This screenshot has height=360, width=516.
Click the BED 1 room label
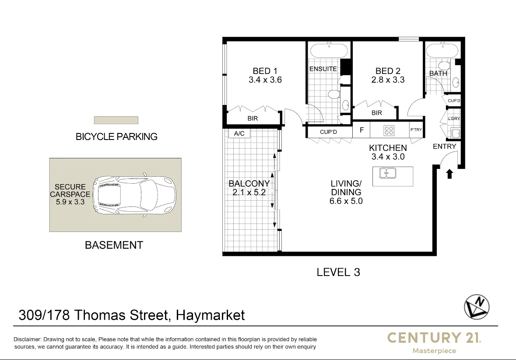tap(265, 71)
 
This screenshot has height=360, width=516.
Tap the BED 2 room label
tap(387, 71)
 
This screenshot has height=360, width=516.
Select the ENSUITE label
tap(323, 69)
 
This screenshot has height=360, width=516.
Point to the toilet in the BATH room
tap(444, 66)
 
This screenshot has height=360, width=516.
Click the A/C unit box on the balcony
tap(239, 133)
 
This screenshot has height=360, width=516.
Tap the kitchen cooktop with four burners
tap(389, 130)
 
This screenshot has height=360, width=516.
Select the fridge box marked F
tap(362, 130)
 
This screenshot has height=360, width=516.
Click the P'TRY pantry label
tap(416, 130)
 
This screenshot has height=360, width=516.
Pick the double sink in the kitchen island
tap(388, 173)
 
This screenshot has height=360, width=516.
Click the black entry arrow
tap(449, 174)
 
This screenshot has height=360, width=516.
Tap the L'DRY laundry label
tap(454, 119)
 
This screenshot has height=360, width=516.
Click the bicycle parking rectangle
tap(116, 120)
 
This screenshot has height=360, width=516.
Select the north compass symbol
tap(477, 306)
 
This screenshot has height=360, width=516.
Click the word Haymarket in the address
tap(210, 315)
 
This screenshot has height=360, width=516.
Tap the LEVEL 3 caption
tap(338, 272)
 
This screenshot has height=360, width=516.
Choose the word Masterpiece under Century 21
tap(434, 351)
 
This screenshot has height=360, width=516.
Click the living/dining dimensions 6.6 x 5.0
tap(346, 201)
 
